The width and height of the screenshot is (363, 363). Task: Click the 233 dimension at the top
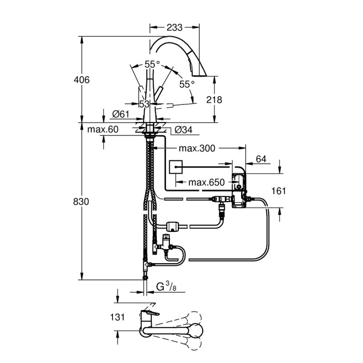(175, 27)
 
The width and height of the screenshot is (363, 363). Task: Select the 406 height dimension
(81, 80)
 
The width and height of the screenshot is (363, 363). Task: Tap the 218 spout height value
(214, 99)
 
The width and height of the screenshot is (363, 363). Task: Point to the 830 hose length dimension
(81, 201)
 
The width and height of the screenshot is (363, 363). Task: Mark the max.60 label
(102, 130)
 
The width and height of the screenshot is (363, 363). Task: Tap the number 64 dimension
(261, 159)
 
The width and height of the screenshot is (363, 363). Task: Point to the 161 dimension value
(278, 191)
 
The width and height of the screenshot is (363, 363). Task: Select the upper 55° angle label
(152, 64)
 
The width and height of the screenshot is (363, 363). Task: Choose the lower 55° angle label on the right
(187, 84)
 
